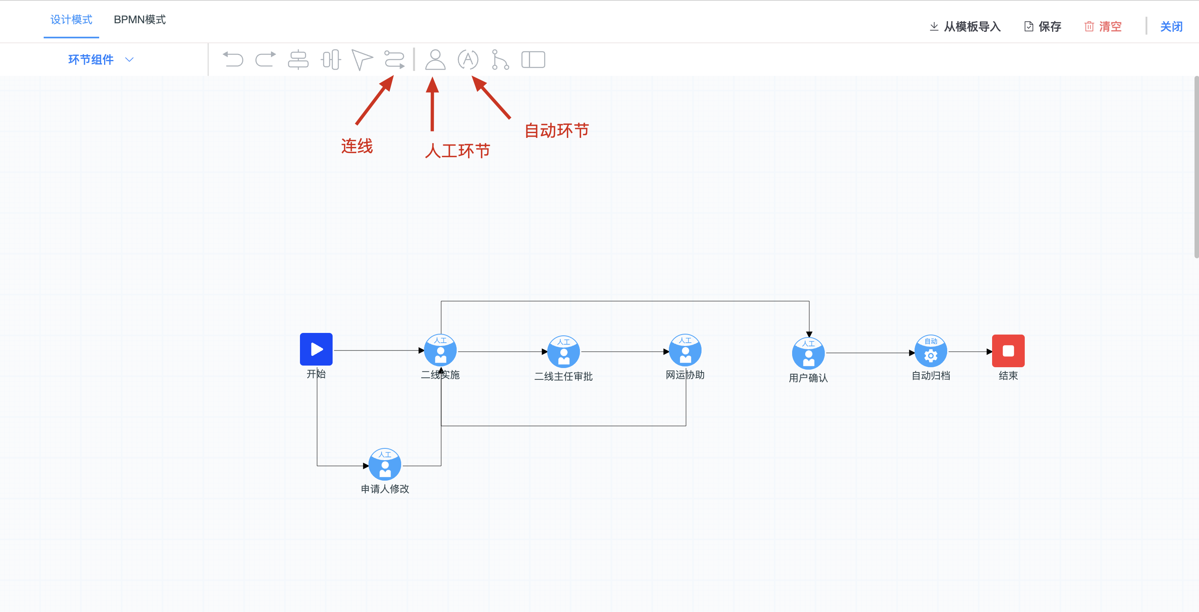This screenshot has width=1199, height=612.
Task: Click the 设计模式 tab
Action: point(71,20)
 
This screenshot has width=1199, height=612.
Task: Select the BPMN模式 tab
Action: point(140,20)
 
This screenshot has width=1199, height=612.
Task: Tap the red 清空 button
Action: point(1103,27)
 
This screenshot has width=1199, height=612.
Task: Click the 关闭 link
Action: point(1171,27)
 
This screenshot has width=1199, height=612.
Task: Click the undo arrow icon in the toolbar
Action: point(233,60)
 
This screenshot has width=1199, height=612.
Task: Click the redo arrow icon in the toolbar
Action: point(266,60)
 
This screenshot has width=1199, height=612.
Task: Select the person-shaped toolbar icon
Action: point(435,60)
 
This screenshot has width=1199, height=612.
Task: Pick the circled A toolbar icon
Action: point(468,60)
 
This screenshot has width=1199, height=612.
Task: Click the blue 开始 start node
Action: point(316,349)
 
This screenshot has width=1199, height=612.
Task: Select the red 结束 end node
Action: point(1008,351)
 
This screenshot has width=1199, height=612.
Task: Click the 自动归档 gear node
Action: point(931,351)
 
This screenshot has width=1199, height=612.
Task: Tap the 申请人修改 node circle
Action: point(385,464)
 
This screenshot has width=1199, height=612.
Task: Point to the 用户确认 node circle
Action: point(808,353)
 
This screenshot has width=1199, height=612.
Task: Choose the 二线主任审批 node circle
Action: point(564,352)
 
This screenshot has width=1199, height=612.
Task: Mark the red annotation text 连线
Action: point(357,146)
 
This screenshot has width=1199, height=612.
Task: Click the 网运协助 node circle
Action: point(685,350)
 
